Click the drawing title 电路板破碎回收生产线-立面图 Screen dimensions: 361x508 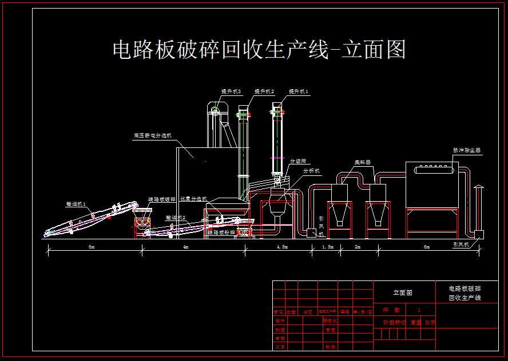pyautogui.click(x=259, y=50)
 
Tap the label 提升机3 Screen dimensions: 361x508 pyautogui.click(x=231, y=91)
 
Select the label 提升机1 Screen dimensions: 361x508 pyautogui.click(x=298, y=91)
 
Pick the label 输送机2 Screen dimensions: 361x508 pyautogui.click(x=175, y=218)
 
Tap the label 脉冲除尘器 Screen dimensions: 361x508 pyautogui.click(x=467, y=151)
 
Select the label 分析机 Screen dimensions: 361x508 pyautogui.click(x=312, y=171)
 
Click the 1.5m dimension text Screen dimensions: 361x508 pyautogui.click(x=327, y=247)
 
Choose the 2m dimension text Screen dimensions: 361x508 pyautogui.click(x=358, y=247)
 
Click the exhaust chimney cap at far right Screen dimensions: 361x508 pyautogui.click(x=478, y=188)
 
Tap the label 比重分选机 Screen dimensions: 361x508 pyautogui.click(x=193, y=199)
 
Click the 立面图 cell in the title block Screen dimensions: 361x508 pyautogui.click(x=402, y=292)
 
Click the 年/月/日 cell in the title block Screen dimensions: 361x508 pyautogui.click(x=363, y=312)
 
